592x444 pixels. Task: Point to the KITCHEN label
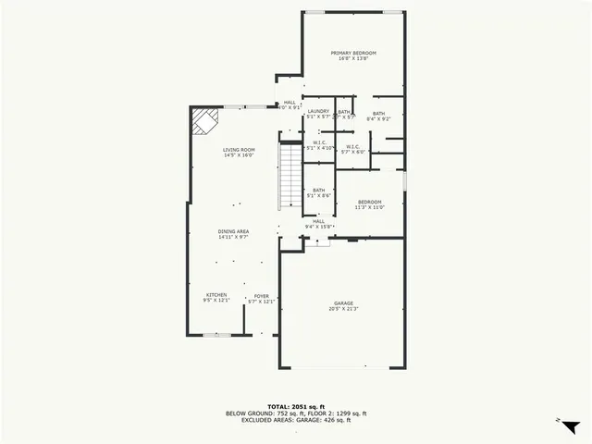point(216,297)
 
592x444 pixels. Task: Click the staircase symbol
point(290,178)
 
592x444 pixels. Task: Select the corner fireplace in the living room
point(205,120)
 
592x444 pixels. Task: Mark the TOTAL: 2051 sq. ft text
point(296,406)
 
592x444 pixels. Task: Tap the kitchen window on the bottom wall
point(217,335)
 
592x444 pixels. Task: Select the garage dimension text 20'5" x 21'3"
point(343,309)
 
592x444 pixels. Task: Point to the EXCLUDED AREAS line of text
point(296,420)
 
